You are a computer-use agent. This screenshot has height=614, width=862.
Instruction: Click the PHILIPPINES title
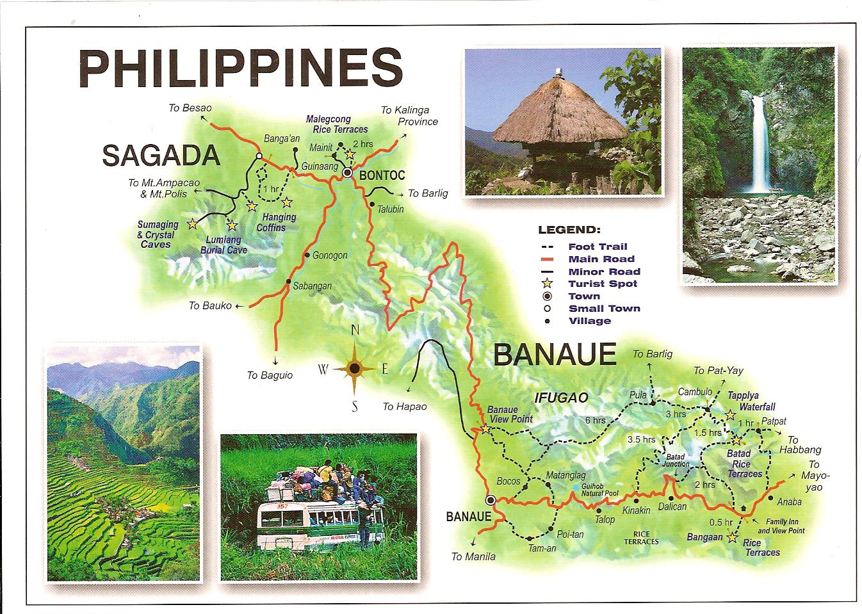click(240, 69)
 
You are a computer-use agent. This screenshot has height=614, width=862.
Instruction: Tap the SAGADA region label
click(161, 156)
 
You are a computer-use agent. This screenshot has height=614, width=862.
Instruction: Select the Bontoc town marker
click(348, 173)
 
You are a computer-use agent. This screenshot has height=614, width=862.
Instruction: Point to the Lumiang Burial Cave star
click(232, 225)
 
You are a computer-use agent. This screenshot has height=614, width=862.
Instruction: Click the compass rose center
click(354, 369)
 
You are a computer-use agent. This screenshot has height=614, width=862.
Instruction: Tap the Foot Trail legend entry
click(597, 246)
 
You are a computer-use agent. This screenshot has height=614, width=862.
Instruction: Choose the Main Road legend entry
click(601, 259)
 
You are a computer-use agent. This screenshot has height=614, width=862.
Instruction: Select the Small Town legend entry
click(604, 308)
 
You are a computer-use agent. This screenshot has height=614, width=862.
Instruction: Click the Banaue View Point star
click(486, 430)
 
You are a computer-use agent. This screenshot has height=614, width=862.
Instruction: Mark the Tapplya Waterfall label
click(751, 401)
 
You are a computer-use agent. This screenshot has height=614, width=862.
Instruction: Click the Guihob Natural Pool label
click(600, 490)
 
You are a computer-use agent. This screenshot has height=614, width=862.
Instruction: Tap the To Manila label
click(473, 556)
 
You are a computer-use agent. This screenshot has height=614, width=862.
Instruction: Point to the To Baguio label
click(270, 375)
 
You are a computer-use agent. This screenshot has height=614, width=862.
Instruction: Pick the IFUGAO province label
click(560, 398)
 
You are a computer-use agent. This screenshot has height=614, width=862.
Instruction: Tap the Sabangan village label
click(312, 286)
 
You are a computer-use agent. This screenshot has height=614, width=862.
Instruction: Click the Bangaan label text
click(704, 537)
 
